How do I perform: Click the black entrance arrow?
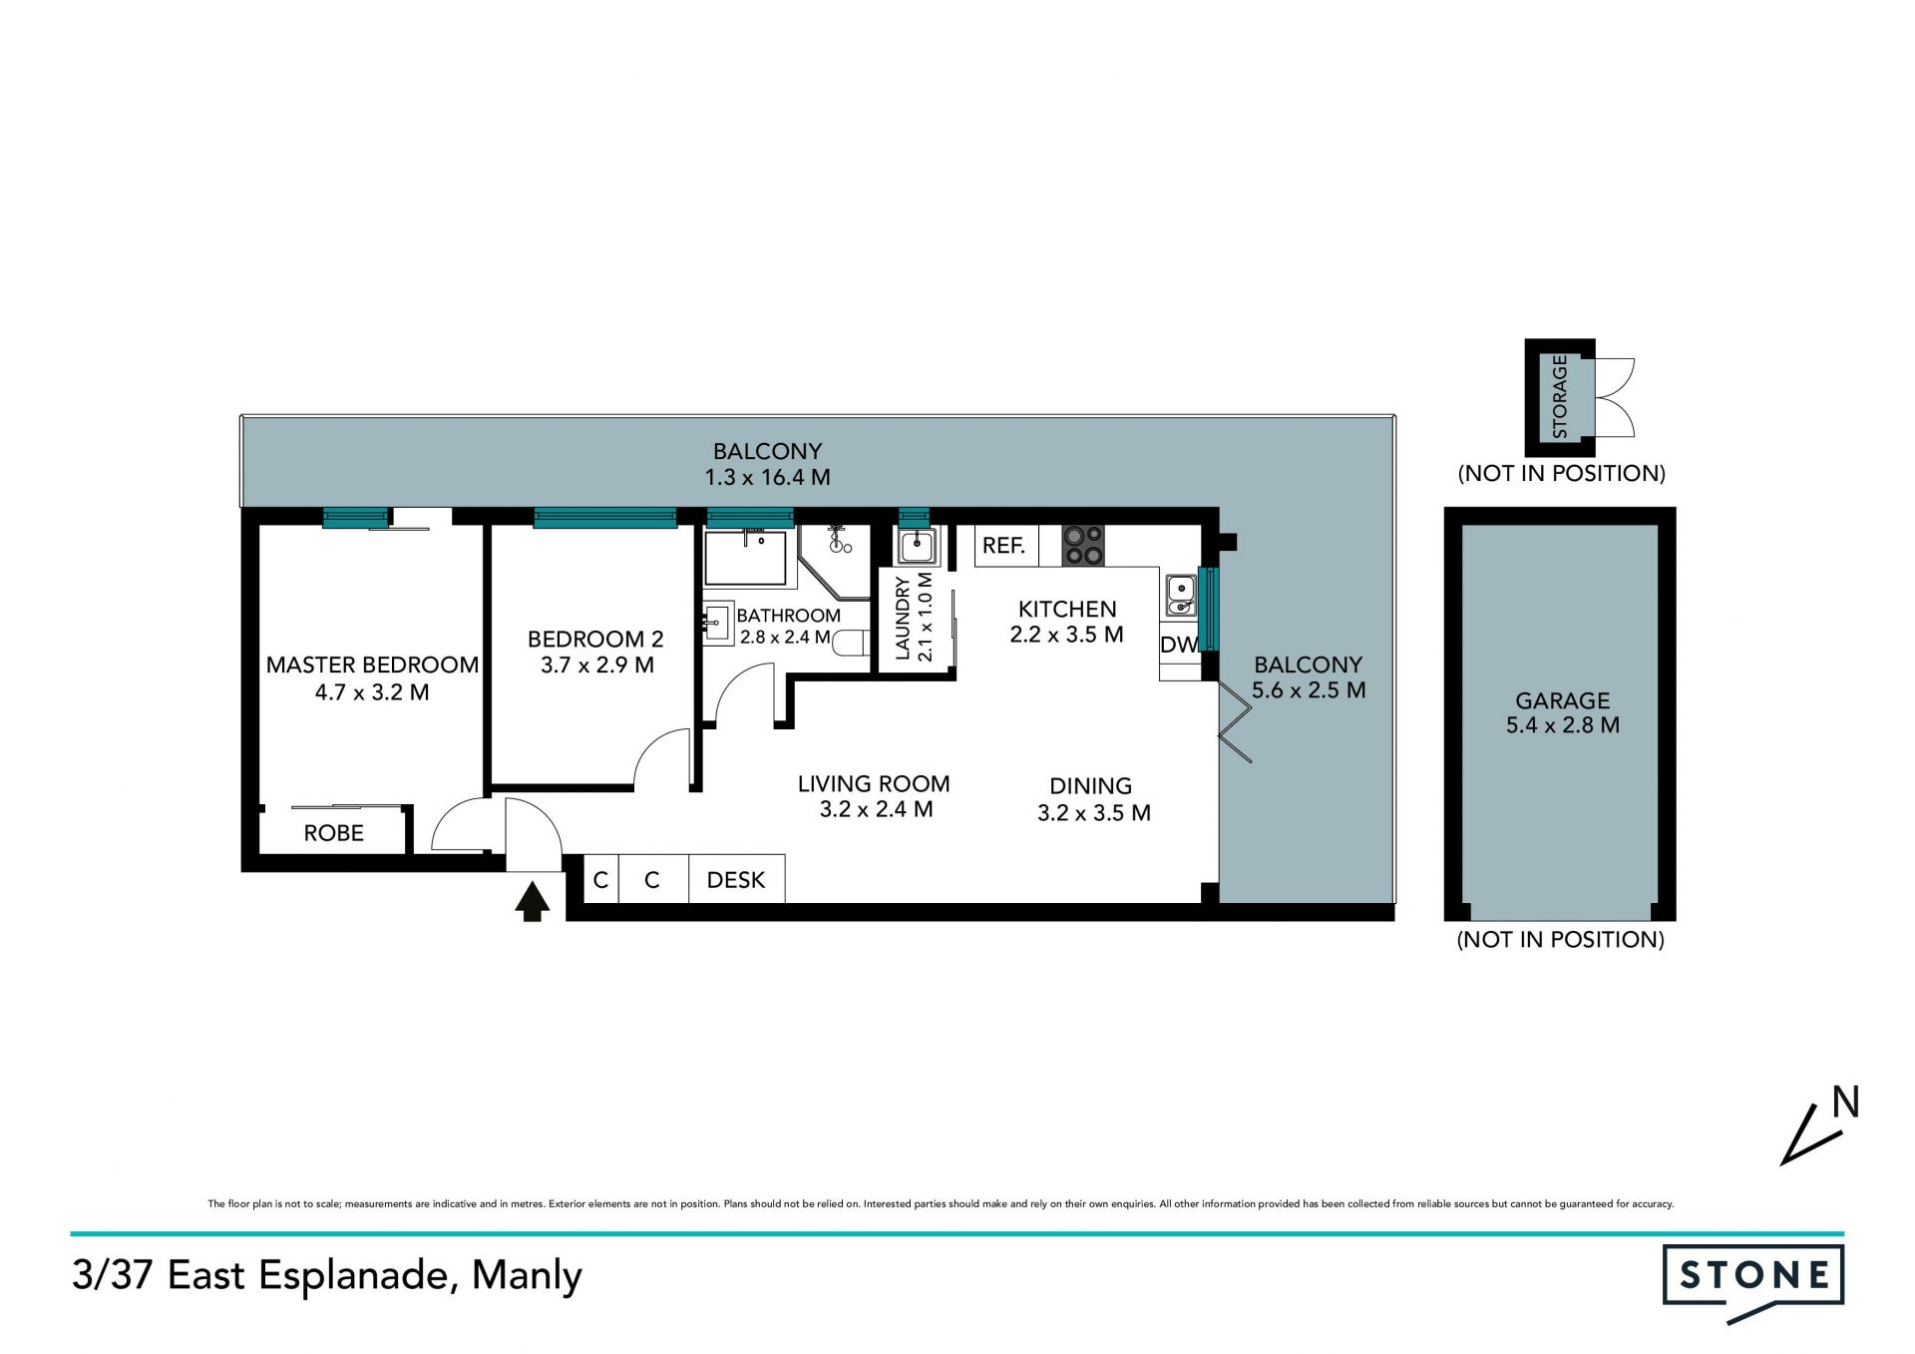pos(532,901)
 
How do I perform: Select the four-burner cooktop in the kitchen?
pos(1083,546)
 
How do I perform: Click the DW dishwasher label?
pos(1179,645)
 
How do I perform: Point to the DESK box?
pos(736,879)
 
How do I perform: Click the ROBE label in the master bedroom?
pos(334,833)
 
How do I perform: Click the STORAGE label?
pos(1560,397)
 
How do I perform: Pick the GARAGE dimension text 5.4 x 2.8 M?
pos(1563,725)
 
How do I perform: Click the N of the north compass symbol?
pos(1846,1103)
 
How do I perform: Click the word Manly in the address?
pos(527,1276)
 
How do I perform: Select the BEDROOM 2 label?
pos(595,639)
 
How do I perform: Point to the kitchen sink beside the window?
pos(1181,596)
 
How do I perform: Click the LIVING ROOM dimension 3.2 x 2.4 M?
pos(877,809)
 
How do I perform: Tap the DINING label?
pos(1091,786)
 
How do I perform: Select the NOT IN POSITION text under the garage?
pos(1561,939)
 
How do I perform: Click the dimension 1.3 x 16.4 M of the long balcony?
pos(768,477)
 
